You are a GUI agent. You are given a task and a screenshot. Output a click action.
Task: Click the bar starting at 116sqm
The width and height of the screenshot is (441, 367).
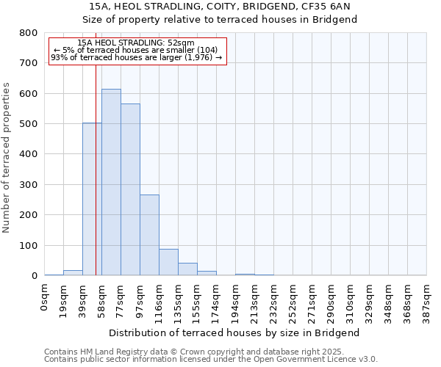click(168, 262)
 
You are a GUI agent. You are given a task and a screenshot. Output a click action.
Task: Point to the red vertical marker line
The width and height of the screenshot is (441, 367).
click(96, 183)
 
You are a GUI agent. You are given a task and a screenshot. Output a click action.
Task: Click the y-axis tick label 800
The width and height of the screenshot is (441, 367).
click(29, 33)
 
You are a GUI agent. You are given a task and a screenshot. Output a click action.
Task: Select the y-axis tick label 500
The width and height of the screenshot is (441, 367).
click(29, 124)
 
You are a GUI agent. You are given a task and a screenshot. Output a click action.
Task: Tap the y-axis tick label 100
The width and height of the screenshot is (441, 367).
click(29, 245)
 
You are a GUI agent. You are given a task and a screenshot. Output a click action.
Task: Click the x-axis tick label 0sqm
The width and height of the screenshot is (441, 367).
click(45, 297)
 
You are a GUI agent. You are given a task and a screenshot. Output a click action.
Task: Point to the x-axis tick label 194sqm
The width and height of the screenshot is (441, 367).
click(236, 301)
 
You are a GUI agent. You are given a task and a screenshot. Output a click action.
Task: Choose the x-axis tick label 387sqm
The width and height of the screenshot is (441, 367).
click(426, 301)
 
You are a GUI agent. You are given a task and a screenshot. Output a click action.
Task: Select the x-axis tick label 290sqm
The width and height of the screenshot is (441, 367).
click(331, 301)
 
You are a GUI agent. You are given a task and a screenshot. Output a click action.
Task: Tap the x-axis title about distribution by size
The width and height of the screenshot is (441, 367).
click(239, 333)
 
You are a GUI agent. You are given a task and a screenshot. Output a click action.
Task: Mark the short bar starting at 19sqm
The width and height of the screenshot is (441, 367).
click(73, 272)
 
